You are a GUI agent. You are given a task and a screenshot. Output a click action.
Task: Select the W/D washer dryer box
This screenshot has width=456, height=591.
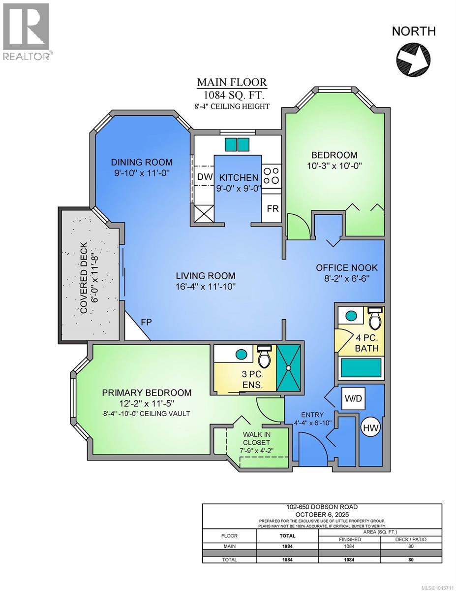click(353, 398)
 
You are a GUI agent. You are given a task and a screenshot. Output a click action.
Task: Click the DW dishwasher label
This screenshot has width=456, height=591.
click(205, 177)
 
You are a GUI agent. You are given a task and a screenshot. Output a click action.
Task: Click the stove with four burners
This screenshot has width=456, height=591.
click(272, 176)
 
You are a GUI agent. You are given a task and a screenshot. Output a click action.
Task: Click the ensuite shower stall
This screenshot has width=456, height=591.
click(288, 368)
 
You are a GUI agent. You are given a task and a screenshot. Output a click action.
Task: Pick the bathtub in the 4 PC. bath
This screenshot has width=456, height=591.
click(361, 368)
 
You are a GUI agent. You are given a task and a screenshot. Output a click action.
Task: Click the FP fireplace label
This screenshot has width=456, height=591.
click(146, 322)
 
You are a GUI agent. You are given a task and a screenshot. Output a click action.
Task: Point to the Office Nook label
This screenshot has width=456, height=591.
click(346, 268)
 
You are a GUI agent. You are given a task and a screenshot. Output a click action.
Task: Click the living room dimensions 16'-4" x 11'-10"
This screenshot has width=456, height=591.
click(205, 287)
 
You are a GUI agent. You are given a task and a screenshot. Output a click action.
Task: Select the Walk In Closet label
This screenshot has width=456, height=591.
click(256, 438)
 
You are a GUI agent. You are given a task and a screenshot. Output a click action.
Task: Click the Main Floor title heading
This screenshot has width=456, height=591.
click(232, 82)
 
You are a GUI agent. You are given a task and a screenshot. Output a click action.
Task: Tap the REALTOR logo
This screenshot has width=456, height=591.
click(27, 32)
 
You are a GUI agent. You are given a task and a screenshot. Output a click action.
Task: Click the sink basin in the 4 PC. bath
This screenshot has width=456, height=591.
click(351, 316)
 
